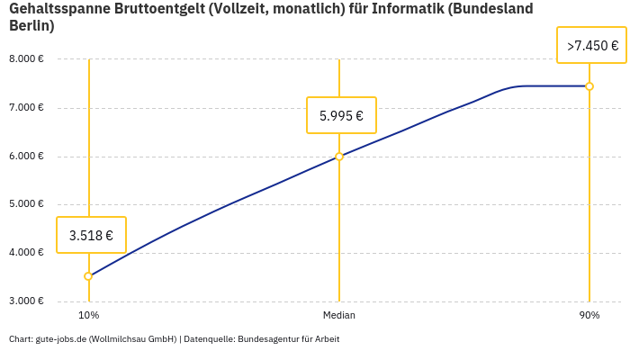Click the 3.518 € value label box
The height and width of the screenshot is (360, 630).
pos(91,235)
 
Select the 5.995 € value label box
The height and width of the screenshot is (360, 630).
pos(341,115)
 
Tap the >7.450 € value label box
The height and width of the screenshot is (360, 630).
pos(591,45)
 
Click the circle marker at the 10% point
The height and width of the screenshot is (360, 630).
pos(88,276)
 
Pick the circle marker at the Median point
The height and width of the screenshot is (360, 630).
pos(339,157)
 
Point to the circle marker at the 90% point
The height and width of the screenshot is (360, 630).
pos(589,86)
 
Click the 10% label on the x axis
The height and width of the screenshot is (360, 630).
pos(88,315)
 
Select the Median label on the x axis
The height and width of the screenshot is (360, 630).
pos(339,315)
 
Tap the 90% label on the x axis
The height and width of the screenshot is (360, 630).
pos(589,315)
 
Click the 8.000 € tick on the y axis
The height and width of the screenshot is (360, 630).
pos(26,59)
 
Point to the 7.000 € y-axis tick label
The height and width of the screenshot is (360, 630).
pos(26,108)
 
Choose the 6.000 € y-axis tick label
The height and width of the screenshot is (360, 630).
pos(26,156)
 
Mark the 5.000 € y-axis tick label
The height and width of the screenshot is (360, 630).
pos(26,204)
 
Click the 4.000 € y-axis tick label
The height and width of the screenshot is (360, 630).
pos(26,253)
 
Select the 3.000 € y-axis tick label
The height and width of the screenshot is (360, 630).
pos(26,301)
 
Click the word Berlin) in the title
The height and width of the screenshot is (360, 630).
pos(31,25)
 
